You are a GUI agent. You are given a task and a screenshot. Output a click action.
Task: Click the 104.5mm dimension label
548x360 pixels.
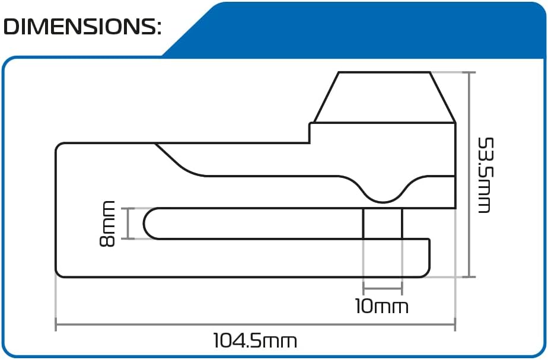coord(255,341)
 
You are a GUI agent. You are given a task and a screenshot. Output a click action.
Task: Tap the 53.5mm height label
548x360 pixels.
coord(485,176)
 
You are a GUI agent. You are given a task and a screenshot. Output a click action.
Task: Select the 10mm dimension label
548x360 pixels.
coord(382,307)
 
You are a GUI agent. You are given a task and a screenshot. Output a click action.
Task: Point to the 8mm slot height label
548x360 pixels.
coord(108,224)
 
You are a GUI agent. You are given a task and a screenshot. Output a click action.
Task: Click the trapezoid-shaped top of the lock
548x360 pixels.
coord(384,97)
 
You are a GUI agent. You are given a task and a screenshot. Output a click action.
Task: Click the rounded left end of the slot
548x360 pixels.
coord(149,224)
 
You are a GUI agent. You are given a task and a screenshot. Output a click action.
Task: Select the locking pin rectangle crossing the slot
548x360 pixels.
coord(383,224)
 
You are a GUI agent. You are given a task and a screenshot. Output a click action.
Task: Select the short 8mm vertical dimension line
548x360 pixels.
coord(128,224)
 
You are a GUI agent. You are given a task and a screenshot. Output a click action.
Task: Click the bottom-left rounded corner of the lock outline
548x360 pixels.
coord(59,273)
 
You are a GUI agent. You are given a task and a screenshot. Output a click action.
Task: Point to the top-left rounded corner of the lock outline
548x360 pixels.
coord(59,146)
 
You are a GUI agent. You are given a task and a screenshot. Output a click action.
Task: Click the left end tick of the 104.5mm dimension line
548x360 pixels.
coord(56,325)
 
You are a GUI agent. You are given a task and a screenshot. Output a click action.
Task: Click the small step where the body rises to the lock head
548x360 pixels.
coord(310,132)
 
